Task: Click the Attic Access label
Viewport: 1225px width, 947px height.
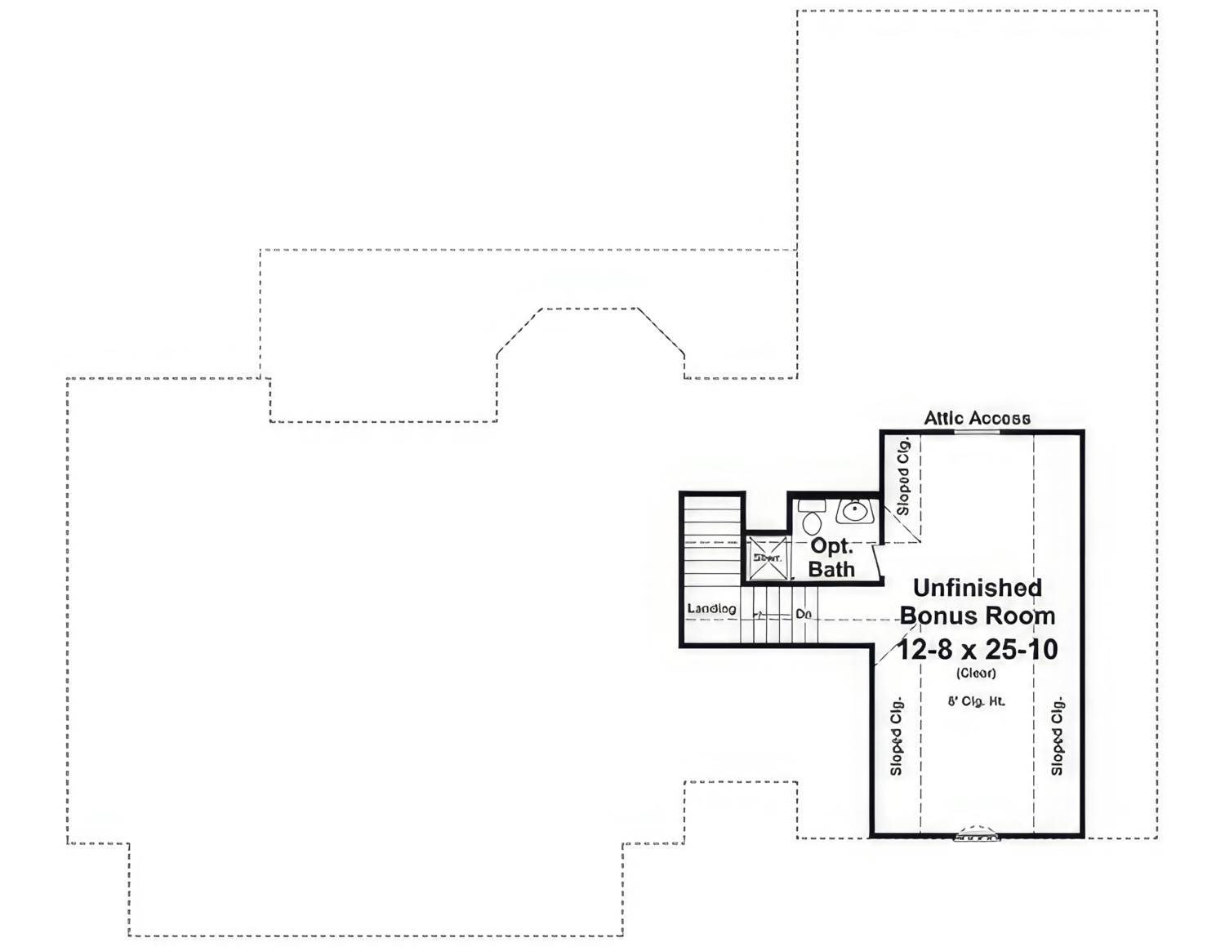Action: click(x=977, y=418)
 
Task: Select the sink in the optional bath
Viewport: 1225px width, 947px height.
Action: click(x=855, y=511)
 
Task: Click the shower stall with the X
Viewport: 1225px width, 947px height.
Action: click(x=768, y=558)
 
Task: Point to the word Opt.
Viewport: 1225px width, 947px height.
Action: click(x=831, y=546)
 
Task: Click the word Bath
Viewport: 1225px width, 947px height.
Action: click(x=831, y=569)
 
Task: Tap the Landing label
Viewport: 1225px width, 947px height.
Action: click(x=711, y=608)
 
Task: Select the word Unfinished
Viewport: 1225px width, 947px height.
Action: click(x=977, y=588)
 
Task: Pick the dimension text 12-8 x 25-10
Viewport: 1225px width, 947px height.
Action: click(x=977, y=649)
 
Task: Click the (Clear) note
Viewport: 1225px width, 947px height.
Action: click(x=976, y=674)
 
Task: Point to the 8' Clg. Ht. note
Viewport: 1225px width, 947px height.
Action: click(x=976, y=701)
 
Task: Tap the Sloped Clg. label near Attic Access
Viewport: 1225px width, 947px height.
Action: click(x=902, y=476)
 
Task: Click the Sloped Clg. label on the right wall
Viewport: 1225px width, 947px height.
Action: click(x=1057, y=736)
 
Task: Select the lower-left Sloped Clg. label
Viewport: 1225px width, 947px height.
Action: click(x=896, y=736)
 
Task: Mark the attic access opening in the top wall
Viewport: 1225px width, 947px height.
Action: click(x=977, y=431)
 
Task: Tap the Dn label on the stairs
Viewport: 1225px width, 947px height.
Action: click(x=804, y=613)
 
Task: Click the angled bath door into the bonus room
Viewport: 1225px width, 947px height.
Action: click(x=878, y=563)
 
